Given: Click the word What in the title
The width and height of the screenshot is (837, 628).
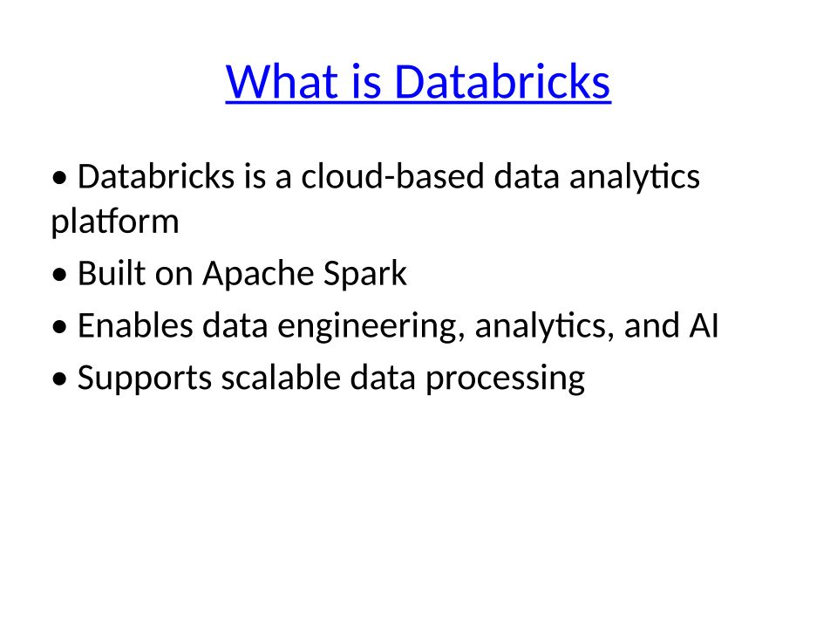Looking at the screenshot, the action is [x=282, y=82].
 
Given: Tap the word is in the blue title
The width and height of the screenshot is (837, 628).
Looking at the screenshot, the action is [x=367, y=82].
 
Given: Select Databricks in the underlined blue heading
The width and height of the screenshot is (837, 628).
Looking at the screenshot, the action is [x=502, y=82].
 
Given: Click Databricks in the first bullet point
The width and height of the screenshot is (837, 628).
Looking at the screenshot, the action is [x=156, y=176].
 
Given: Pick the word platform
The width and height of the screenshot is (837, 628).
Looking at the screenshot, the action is [x=115, y=221].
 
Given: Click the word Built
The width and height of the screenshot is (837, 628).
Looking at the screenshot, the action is [x=112, y=273].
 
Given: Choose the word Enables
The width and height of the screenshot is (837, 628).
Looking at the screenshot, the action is [x=135, y=325].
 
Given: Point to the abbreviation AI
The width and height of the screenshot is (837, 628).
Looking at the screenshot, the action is [x=704, y=325].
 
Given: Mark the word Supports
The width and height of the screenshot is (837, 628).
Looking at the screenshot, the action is [x=145, y=378].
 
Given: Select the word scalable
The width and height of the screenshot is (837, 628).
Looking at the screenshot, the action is [x=281, y=378].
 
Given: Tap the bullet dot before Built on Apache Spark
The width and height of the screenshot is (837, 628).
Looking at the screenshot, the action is [x=60, y=275].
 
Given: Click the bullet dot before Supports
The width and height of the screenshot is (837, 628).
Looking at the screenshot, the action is [x=60, y=379].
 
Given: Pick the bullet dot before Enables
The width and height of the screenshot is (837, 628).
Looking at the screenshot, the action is [x=60, y=326].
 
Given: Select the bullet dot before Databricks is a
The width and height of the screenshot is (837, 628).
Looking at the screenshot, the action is [x=60, y=177].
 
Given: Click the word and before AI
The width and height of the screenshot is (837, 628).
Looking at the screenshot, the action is [x=652, y=325].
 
